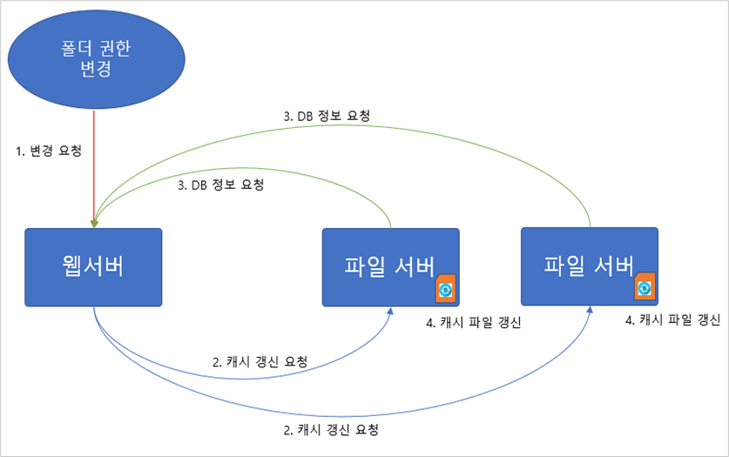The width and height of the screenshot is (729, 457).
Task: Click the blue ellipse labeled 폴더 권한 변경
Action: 96,59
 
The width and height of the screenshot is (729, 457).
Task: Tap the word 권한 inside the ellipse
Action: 115,48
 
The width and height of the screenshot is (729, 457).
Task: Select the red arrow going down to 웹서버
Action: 94,168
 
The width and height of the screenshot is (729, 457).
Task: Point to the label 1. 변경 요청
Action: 49,151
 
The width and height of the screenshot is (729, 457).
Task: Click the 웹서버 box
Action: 93,267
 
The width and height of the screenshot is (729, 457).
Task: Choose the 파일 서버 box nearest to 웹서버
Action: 390,267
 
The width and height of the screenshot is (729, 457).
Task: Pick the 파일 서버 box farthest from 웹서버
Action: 590,266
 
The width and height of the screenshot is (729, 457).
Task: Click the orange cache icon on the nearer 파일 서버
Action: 445,288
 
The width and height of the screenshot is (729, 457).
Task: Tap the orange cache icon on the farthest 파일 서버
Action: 645,286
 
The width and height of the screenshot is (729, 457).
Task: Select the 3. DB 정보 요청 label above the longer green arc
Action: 327,116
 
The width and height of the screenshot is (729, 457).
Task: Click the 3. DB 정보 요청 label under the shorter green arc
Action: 221,185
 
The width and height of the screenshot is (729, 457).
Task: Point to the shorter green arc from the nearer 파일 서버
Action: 242,168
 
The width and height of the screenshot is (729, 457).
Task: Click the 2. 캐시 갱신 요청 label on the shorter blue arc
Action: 260,361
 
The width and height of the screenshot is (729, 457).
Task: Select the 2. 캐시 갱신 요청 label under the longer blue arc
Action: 331,430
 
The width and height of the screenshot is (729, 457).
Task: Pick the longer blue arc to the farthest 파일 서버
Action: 344,416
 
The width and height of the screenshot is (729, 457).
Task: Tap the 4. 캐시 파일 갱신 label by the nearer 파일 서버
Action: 473,322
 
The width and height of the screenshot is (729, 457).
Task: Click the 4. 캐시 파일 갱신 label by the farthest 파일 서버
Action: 672,319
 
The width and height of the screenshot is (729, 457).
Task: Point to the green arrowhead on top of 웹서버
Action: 94,224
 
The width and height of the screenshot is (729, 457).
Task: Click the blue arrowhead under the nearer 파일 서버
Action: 390,311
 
